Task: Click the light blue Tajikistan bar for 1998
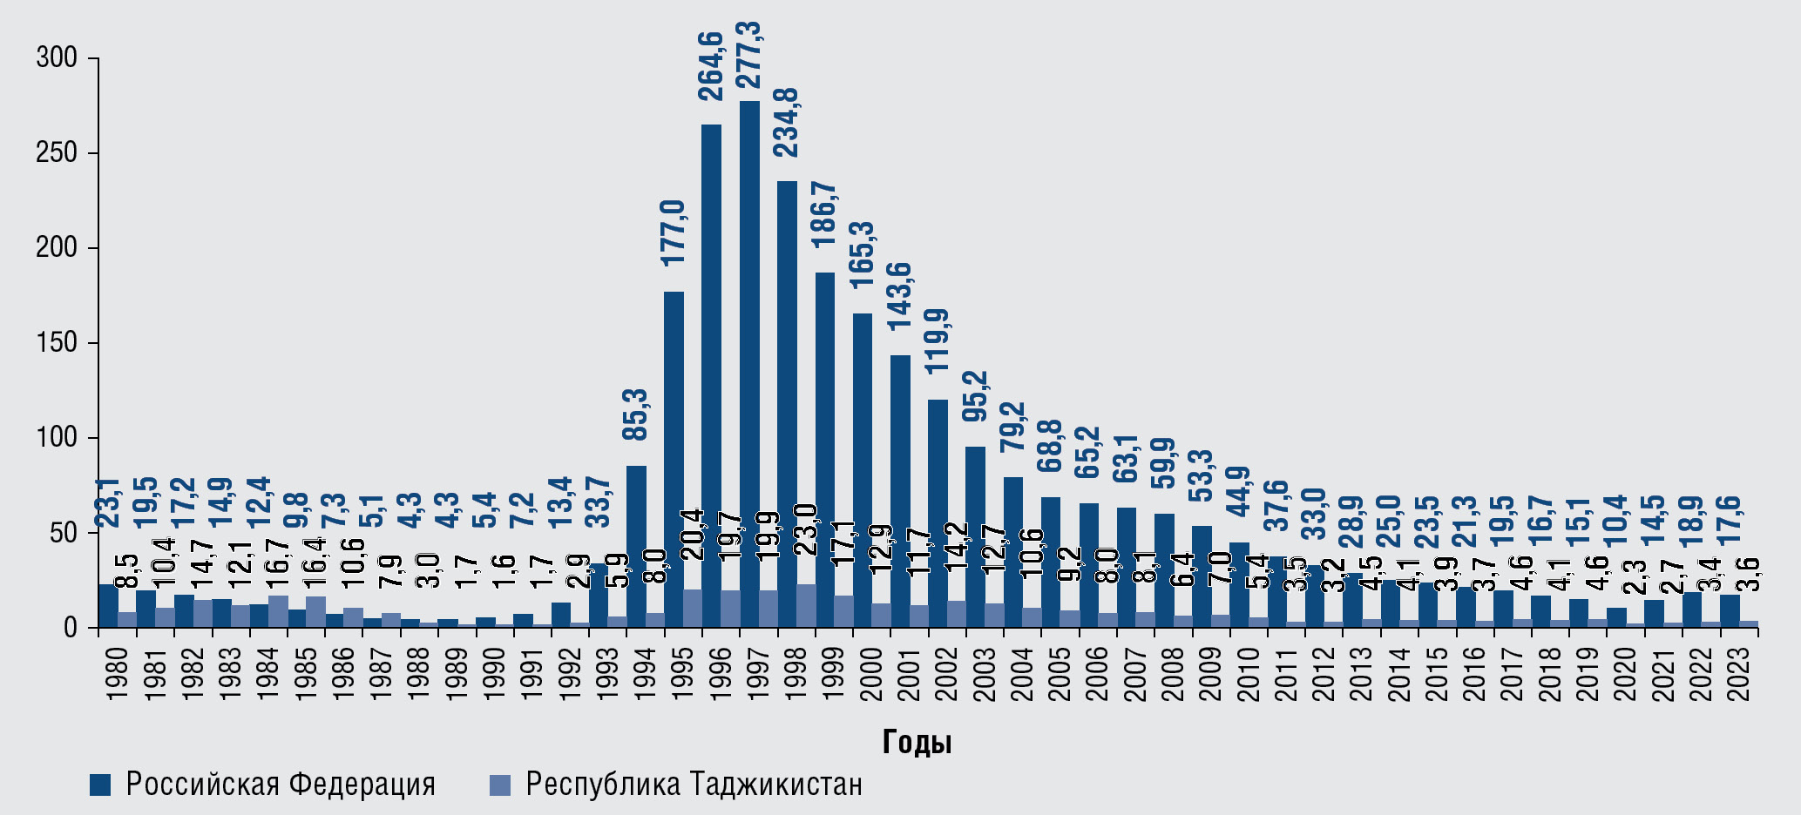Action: tap(806, 605)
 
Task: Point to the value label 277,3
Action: tap(749, 55)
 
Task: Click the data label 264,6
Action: tap(711, 66)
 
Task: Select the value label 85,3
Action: tap(636, 414)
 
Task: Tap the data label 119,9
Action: tap(938, 341)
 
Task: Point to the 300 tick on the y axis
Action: tap(57, 58)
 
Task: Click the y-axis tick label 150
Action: tap(57, 343)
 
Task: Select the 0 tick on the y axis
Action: tap(70, 628)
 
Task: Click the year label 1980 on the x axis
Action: tap(117, 670)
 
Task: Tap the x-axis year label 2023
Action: tap(1738, 670)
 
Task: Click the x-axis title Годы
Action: tap(917, 742)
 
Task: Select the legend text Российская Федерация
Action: tap(281, 785)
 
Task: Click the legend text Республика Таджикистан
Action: tap(694, 785)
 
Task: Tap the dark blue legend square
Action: tap(100, 785)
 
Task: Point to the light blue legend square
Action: tap(499, 785)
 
